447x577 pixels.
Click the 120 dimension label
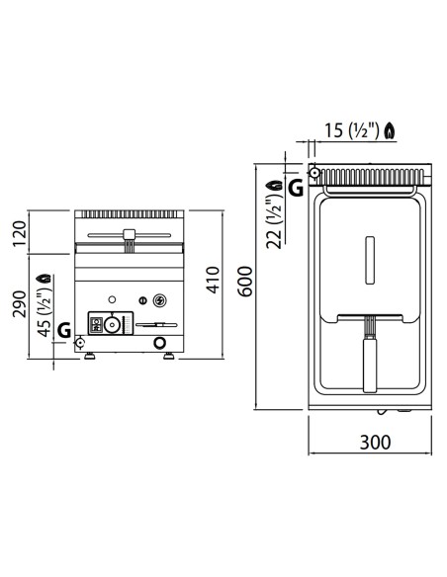[x=20, y=234]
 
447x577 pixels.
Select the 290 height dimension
[x=20, y=304]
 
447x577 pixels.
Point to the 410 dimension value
[x=214, y=280]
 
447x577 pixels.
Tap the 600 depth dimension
[x=245, y=282]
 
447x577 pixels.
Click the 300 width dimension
[x=375, y=442]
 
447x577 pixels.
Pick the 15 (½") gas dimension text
[x=351, y=130]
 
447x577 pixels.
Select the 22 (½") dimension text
[x=275, y=222]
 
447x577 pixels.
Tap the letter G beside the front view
[x=64, y=330]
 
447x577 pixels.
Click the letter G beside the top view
[x=296, y=188]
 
